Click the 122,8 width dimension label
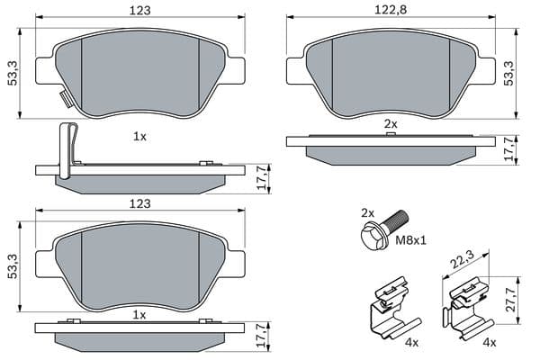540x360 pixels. point(391,10)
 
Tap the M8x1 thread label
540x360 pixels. point(410,239)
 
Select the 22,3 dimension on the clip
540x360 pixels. point(463,259)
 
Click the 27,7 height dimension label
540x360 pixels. point(511,300)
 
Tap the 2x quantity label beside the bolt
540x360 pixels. point(367,213)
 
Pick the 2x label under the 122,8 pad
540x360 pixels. point(391,123)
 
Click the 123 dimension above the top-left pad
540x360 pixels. point(140,10)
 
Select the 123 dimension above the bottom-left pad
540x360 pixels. point(140,203)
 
